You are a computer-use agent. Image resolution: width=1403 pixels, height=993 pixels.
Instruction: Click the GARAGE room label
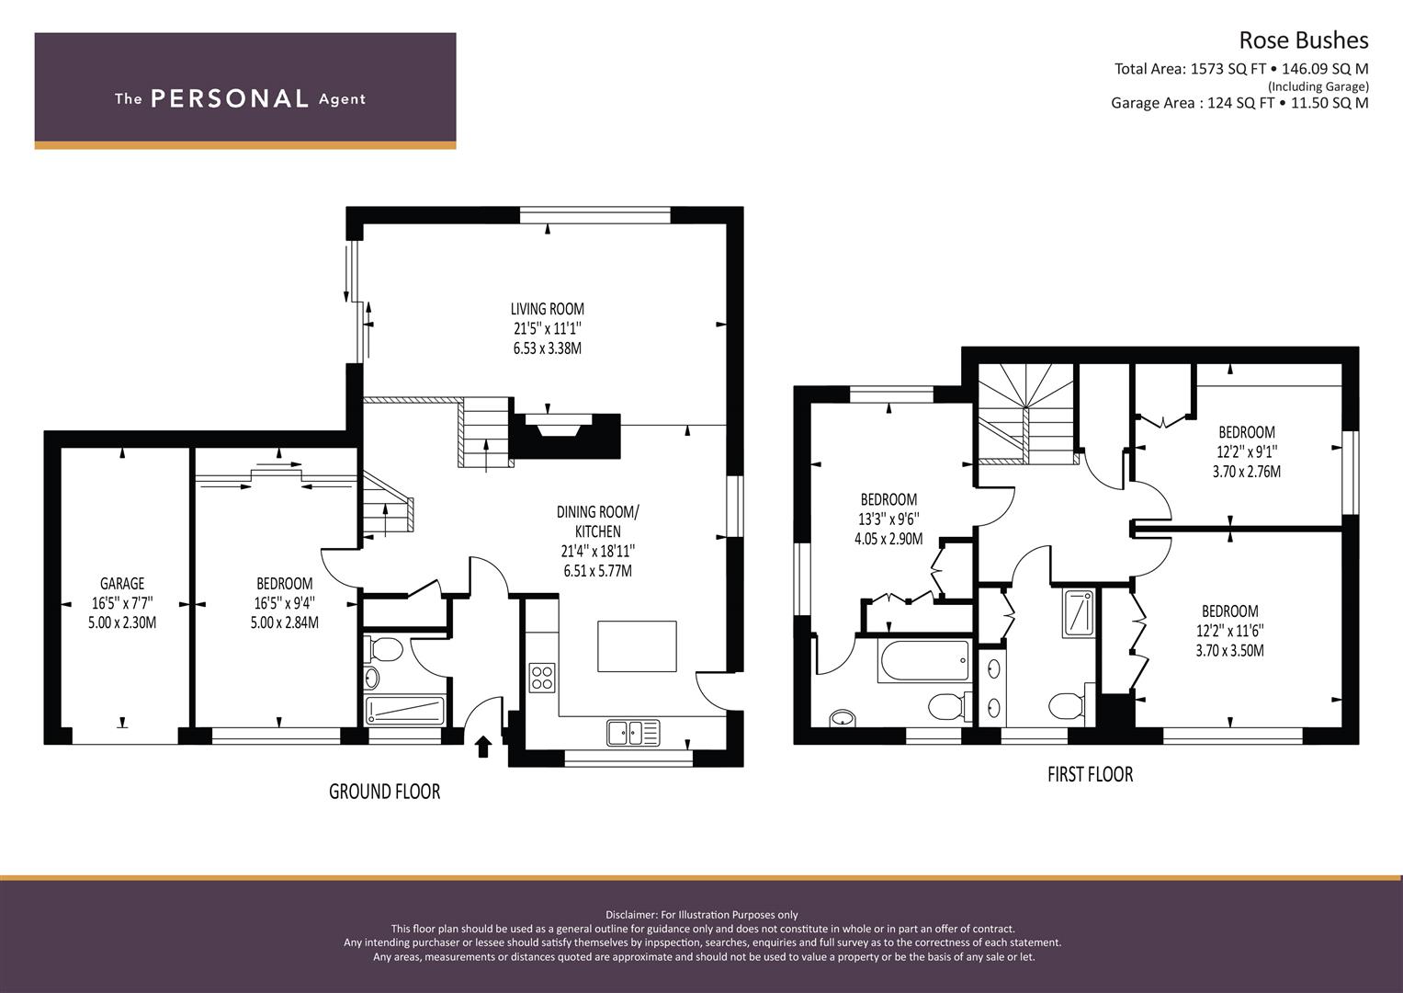pyautogui.click(x=122, y=584)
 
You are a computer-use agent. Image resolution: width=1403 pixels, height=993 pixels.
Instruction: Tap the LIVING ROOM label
pyautogui.click(x=548, y=309)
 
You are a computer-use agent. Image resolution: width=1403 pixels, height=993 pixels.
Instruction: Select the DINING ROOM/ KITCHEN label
pyautogui.click(x=598, y=521)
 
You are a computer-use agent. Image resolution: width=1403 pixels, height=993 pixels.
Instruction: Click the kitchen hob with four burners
pyautogui.click(x=542, y=678)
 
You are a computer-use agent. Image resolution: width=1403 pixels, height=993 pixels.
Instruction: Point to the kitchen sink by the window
pyautogui.click(x=633, y=733)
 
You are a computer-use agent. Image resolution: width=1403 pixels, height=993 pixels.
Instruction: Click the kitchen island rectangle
pyautogui.click(x=637, y=646)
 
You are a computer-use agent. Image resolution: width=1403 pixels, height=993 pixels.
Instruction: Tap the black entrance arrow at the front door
pyautogui.click(x=483, y=747)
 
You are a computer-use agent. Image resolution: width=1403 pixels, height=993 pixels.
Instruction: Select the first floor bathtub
pyautogui.click(x=925, y=661)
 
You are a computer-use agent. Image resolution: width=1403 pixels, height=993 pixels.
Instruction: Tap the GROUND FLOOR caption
pyautogui.click(x=385, y=792)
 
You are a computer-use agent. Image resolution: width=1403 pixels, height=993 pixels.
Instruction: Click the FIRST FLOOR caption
pyautogui.click(x=1091, y=775)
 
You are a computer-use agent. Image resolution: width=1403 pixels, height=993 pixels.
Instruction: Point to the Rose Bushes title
pyautogui.click(x=1304, y=40)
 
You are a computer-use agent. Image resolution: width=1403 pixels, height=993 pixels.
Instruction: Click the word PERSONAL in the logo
pyautogui.click(x=230, y=99)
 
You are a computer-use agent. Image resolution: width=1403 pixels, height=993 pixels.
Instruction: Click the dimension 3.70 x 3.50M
pyautogui.click(x=1229, y=651)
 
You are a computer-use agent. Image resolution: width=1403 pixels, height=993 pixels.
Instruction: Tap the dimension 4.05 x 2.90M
pyautogui.click(x=888, y=539)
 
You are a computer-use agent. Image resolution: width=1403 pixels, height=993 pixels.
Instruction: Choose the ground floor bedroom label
pyautogui.click(x=284, y=584)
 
